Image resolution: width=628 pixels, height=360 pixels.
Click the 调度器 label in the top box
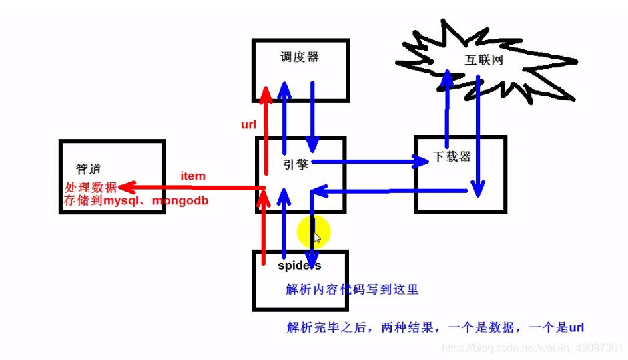pos(300,57)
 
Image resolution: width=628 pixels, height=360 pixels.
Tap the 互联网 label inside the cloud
pos(483,60)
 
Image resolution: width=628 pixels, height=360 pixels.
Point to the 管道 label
pos(89,170)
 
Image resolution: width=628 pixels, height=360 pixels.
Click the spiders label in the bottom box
pos(299,266)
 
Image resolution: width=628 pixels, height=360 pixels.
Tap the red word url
pos(249,124)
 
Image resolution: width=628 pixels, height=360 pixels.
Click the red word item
pos(193,176)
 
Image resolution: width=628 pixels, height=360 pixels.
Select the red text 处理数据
pos(91,188)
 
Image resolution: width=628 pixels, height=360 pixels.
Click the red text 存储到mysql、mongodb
pos(136,200)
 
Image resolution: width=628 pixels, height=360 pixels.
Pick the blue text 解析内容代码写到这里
pos(352,289)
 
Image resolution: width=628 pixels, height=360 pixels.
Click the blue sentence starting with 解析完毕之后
pos(435,327)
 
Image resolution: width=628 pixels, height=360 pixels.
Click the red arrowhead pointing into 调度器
pos(266,93)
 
